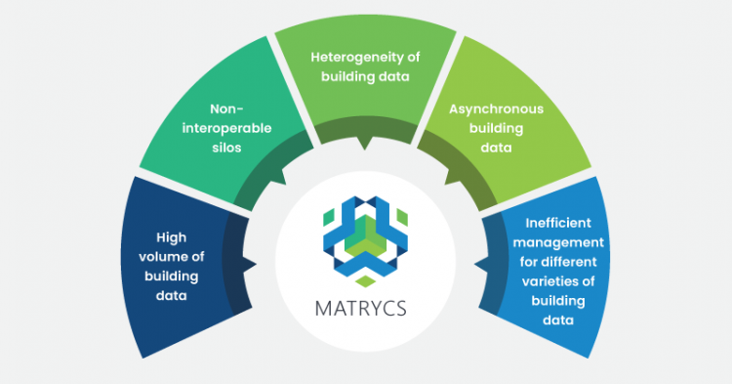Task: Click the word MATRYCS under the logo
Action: [x=360, y=309]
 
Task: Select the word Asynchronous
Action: [x=496, y=109]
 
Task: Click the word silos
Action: [x=226, y=148]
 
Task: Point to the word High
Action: [x=172, y=237]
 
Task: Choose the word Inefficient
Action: [x=558, y=223]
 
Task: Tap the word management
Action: [x=558, y=243]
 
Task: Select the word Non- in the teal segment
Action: [x=226, y=108]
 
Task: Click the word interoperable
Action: [x=226, y=128]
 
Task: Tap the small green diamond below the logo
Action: [x=366, y=280]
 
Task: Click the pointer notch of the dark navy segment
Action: [x=250, y=265]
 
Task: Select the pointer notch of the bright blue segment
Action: [x=481, y=265]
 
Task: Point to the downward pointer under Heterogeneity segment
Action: [x=365, y=144]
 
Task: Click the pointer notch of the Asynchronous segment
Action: [x=451, y=177]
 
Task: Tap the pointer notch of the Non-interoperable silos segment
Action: [x=279, y=177]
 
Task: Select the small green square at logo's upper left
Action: [x=329, y=217]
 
